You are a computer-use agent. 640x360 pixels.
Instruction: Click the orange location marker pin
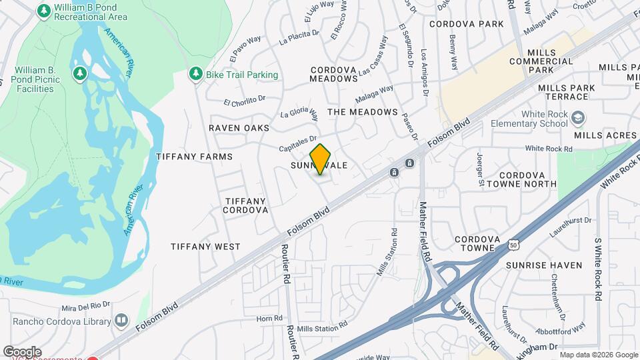pos(321,159)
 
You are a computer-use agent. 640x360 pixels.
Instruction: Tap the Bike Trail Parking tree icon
pos(195,73)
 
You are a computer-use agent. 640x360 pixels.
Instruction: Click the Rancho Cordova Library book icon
pos(121,321)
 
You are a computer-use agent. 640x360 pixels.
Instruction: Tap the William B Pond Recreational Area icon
pos(44,11)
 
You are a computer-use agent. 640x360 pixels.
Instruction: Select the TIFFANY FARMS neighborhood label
pos(194,157)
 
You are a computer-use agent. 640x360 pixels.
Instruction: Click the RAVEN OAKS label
pos(239,127)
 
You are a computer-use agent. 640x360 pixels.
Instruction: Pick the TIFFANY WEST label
pos(205,247)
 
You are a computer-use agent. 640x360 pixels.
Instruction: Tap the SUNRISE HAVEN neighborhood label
pos(543,265)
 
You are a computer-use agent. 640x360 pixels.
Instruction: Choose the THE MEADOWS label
pos(363,112)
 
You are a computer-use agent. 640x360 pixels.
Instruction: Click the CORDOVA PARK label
pos(466,24)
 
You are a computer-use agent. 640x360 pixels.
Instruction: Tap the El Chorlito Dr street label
pos(245,101)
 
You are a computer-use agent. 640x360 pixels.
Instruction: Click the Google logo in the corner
pos(22,351)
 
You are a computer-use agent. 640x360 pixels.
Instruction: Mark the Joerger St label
pos(479,167)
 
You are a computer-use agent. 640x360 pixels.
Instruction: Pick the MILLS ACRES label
pos(605,135)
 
